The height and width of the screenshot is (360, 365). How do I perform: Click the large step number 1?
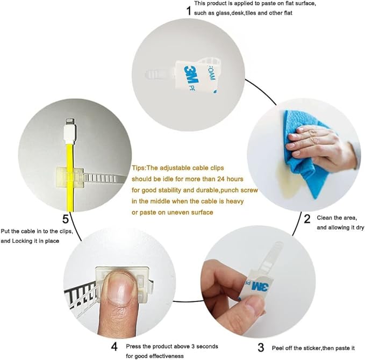click(x=189, y=10)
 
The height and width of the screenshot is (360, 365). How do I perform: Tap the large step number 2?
click(x=307, y=219)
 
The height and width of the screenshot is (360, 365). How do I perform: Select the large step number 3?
click(x=261, y=348)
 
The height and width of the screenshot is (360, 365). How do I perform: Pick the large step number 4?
click(x=114, y=347)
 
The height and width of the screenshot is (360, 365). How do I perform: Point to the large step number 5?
click(x=66, y=219)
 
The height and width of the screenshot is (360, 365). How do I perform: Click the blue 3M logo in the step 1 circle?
click(x=191, y=75)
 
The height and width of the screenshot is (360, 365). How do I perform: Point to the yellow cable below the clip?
click(x=70, y=198)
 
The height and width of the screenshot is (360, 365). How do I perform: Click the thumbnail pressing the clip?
click(x=119, y=289)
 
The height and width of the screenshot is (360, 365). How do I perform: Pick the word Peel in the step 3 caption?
click(x=278, y=348)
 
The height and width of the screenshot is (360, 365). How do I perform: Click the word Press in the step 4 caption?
click(x=133, y=346)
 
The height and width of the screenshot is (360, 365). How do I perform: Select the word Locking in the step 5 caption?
click(x=22, y=241)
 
